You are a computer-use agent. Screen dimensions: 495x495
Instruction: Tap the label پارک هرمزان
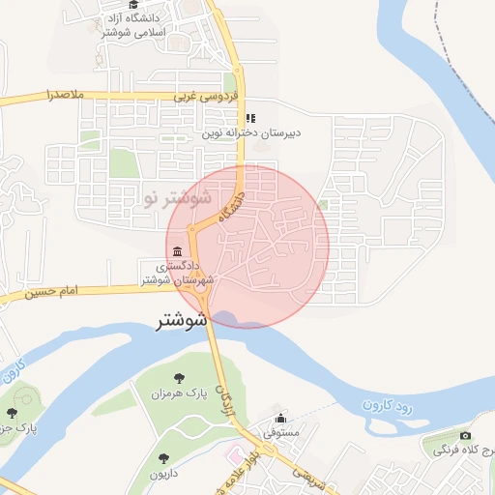pos(178,394)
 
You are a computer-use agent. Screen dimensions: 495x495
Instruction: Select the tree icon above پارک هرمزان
pos(178,378)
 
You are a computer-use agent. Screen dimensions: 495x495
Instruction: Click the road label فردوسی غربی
pos(198,97)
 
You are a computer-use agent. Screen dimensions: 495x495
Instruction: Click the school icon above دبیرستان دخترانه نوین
pos(250,118)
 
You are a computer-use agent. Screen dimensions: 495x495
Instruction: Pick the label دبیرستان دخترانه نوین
pos(251,133)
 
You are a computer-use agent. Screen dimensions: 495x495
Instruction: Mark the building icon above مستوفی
pos(280,419)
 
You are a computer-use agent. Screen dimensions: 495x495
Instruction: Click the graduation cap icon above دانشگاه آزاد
pos(95,25)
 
